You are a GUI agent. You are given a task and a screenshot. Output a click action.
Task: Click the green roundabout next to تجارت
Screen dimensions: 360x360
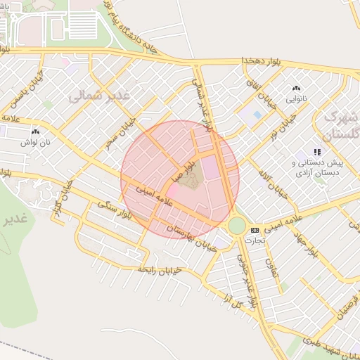(237, 226)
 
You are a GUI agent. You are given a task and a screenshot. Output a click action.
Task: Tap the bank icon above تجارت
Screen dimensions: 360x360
(254, 230)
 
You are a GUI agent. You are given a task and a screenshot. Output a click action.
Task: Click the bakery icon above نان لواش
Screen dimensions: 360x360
(35, 131)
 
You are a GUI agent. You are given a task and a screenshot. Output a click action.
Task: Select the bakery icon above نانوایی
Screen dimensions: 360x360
(296, 89)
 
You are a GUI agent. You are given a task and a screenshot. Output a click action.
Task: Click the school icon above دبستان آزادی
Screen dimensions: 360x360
(318, 151)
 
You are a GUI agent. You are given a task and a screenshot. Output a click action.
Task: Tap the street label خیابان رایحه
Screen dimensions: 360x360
(160, 269)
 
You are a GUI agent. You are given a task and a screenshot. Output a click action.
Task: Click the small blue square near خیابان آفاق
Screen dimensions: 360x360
(257, 115)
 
